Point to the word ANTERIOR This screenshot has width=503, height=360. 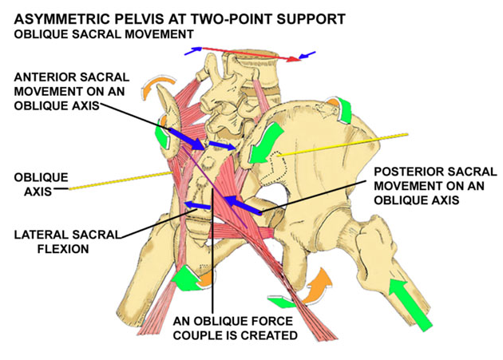coord(42,77)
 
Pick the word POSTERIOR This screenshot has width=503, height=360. coord(408,171)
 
